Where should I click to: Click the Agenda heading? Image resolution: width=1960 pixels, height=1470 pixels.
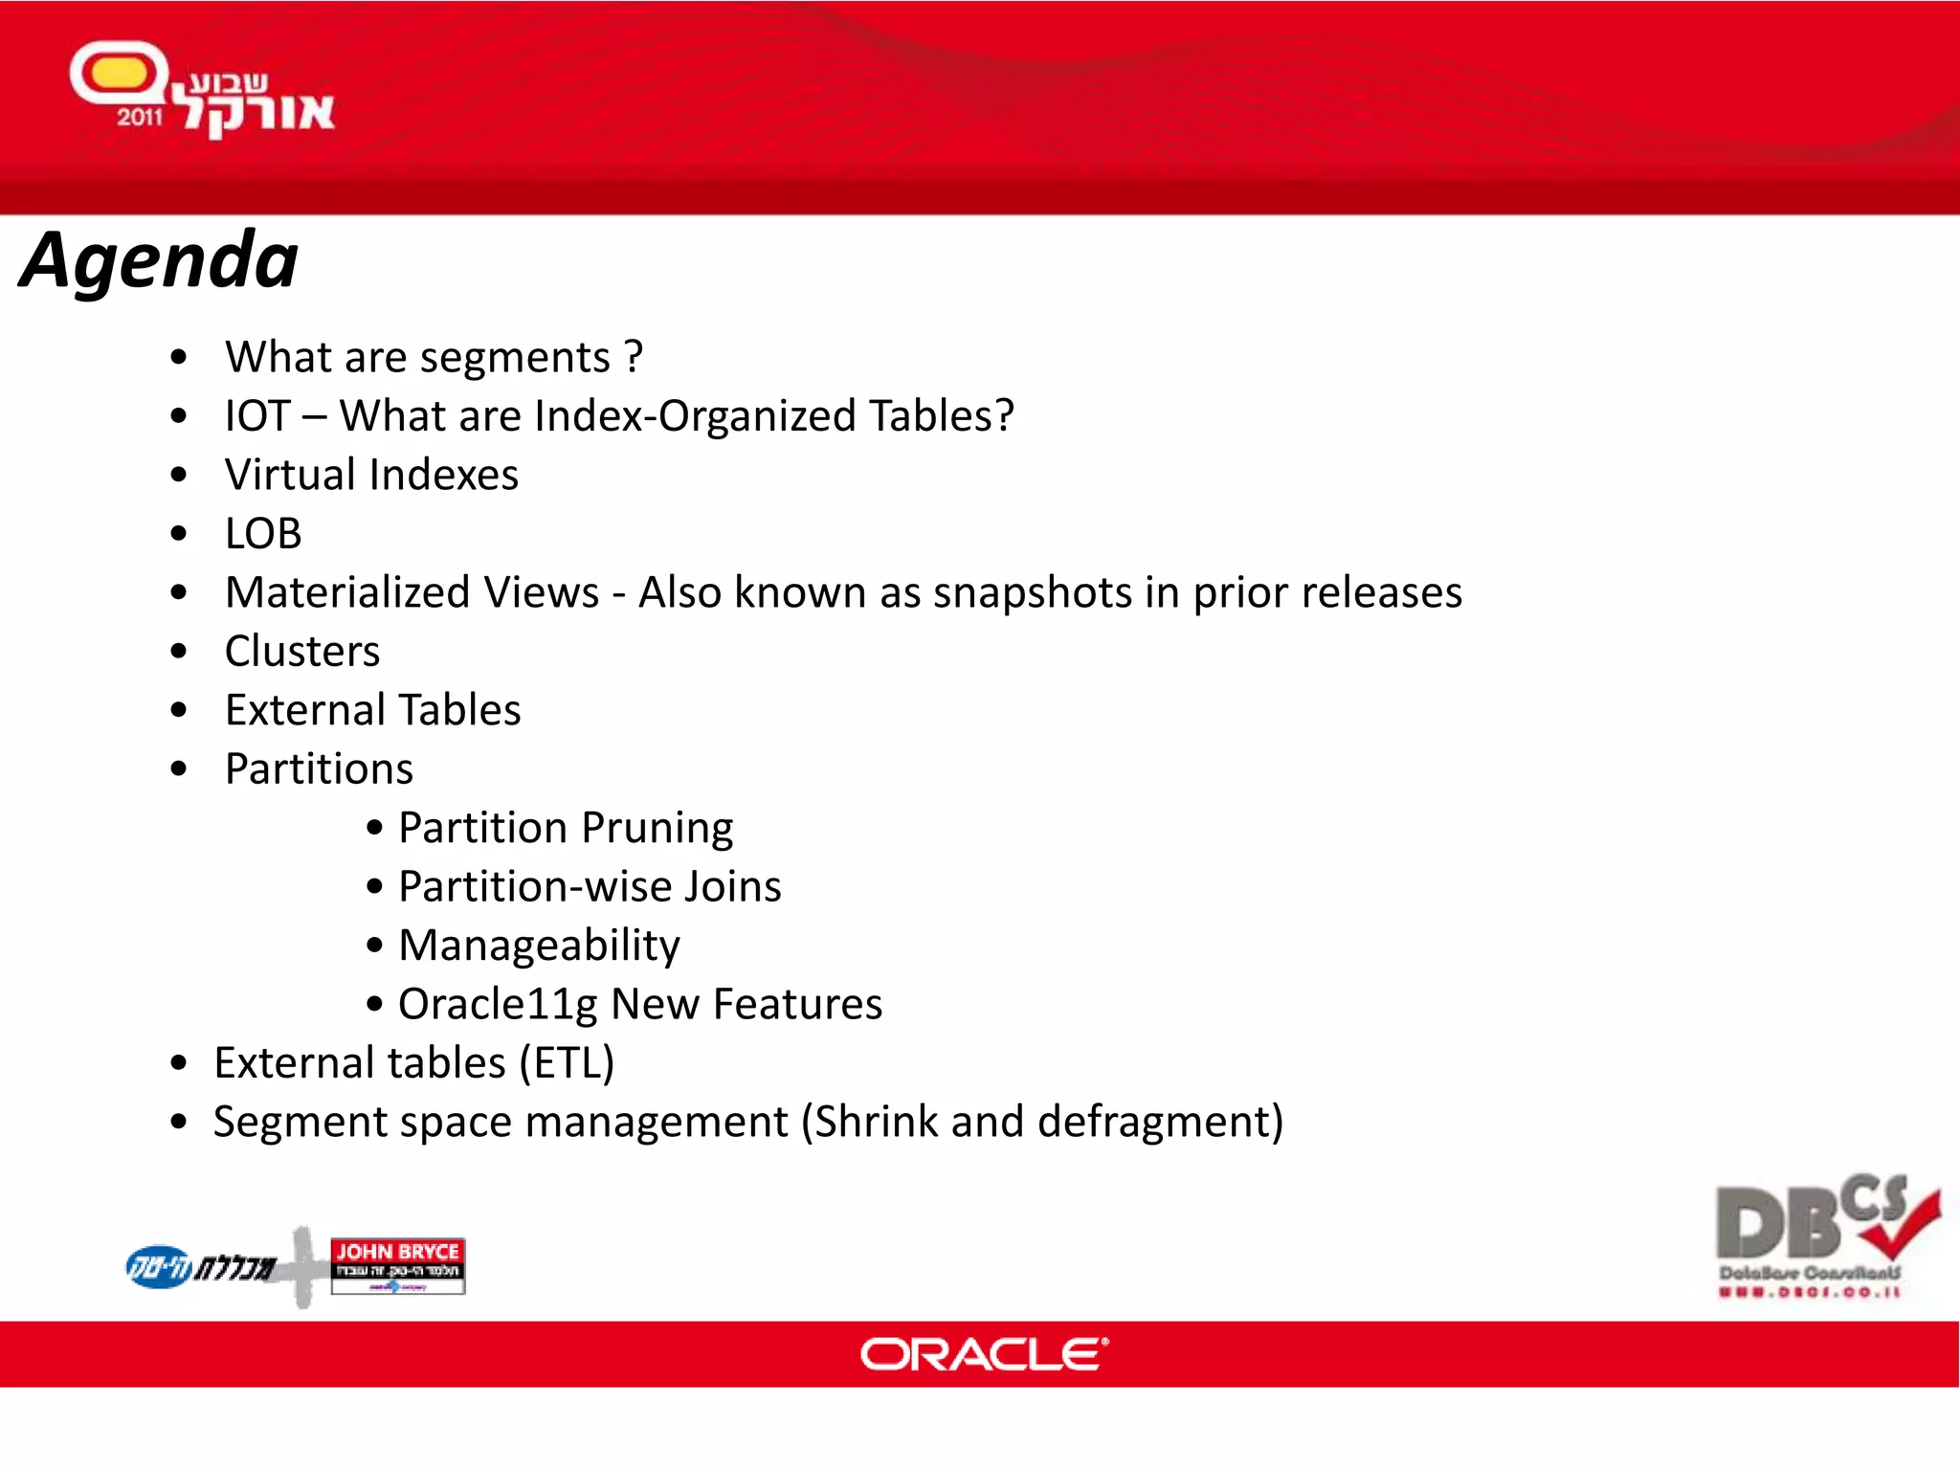click(159, 260)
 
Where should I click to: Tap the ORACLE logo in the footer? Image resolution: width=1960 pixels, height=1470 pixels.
click(984, 1354)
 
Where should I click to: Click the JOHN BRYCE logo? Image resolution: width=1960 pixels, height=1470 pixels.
click(397, 1264)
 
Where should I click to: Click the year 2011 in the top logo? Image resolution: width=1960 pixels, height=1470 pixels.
click(140, 118)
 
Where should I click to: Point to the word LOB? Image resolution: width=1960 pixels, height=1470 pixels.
click(263, 534)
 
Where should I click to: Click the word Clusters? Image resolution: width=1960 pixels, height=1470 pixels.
click(302, 652)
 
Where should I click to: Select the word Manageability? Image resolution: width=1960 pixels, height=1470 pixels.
click(539, 946)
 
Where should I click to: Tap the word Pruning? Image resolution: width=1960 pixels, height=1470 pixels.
click(657, 829)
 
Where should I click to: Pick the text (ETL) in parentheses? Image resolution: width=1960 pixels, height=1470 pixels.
click(567, 1063)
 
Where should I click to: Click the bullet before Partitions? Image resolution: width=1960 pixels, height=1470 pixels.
click(179, 769)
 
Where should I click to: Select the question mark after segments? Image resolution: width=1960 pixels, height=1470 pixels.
click(633, 358)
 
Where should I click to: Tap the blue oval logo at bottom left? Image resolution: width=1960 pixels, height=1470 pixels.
click(160, 1266)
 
